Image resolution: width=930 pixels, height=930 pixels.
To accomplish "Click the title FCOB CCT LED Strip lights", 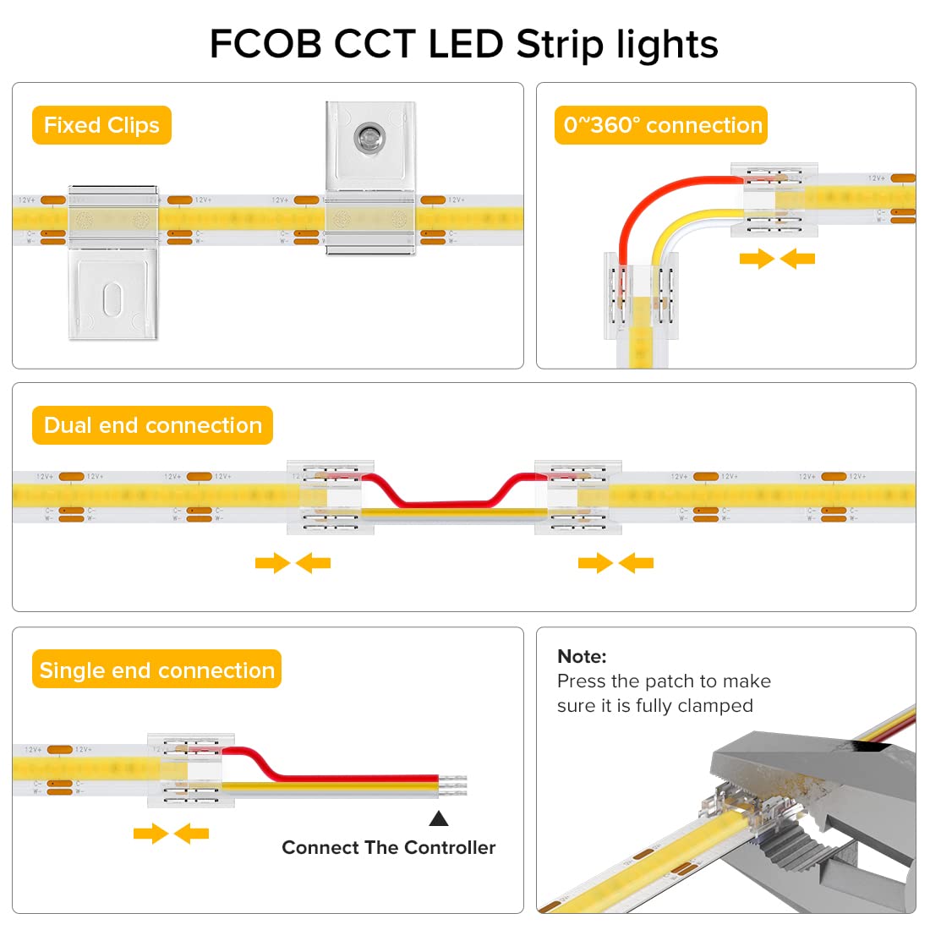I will click(463, 44).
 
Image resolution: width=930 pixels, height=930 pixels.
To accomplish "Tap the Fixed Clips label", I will click(101, 125).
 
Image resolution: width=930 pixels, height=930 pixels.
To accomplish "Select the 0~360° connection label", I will click(662, 125).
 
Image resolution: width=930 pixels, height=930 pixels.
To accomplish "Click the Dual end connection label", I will click(152, 425).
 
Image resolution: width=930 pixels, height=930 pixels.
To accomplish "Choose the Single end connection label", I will click(156, 670).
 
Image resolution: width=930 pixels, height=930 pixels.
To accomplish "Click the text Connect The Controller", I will click(388, 847).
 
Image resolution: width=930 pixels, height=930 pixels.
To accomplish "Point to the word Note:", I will click(582, 656).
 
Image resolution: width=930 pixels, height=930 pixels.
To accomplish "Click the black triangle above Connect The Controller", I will click(438, 818).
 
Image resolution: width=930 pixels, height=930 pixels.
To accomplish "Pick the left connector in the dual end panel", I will click(330, 498).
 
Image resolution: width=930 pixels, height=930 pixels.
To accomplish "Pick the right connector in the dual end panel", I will click(578, 498).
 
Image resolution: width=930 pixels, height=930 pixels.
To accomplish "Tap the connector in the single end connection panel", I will click(190, 769).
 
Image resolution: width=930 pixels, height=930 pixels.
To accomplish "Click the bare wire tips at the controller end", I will click(454, 786).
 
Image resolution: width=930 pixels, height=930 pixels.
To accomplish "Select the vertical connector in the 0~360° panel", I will click(642, 295).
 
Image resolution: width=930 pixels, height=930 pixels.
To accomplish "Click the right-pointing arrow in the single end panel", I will click(150, 834).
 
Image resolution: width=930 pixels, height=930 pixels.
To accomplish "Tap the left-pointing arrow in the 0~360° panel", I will click(798, 259).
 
